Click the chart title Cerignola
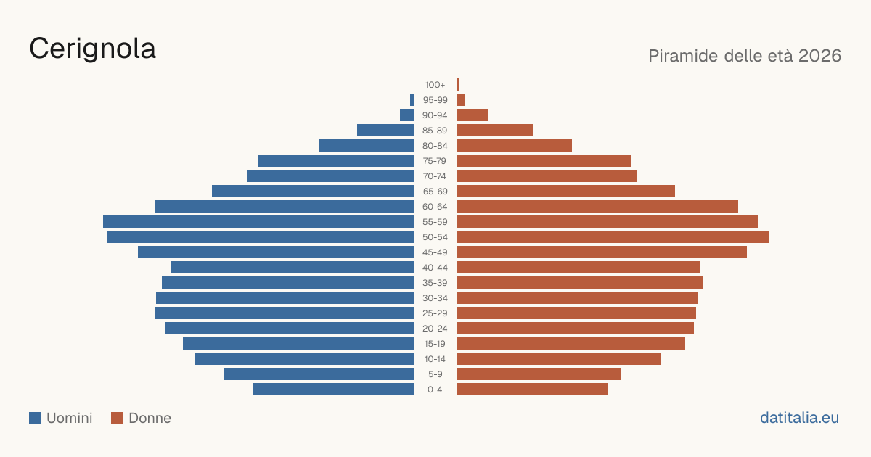pyautogui.click(x=93, y=49)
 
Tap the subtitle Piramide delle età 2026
pyautogui.click(x=745, y=56)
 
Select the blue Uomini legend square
pyautogui.click(x=35, y=418)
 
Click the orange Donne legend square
pyautogui.click(x=117, y=418)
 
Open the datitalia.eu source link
pyautogui.click(x=799, y=418)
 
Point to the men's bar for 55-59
pyautogui.click(x=258, y=221)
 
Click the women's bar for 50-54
pyautogui.click(x=613, y=236)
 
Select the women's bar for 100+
pyautogui.click(x=458, y=84)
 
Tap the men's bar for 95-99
pyautogui.click(x=412, y=99)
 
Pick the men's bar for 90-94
pyautogui.click(x=406, y=115)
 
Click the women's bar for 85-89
pyautogui.click(x=495, y=130)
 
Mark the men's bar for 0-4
pyautogui.click(x=333, y=389)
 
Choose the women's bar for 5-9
pyautogui.click(x=539, y=374)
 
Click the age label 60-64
pyautogui.click(x=435, y=206)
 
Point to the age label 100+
pyautogui.click(x=435, y=84)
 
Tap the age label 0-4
pyautogui.click(x=435, y=389)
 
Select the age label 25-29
pyautogui.click(x=435, y=313)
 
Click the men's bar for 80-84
pyautogui.click(x=367, y=145)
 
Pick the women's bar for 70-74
pyautogui.click(x=547, y=176)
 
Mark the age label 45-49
pyautogui.click(x=435, y=252)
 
